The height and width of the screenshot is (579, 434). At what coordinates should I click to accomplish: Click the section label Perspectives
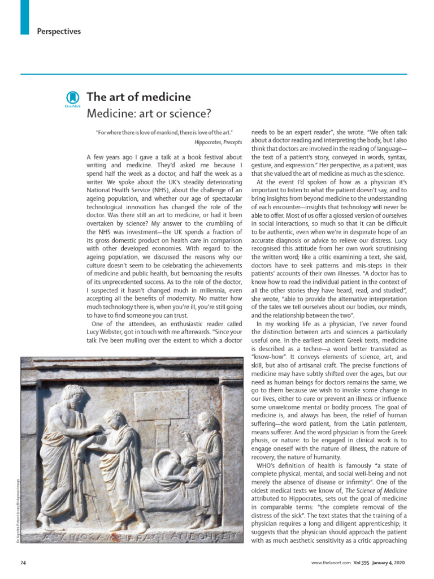59,32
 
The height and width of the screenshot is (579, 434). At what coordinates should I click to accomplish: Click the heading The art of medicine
138,97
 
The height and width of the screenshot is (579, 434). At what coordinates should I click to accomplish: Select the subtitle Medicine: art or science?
149,114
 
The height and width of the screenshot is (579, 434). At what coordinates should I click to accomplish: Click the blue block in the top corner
24,17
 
